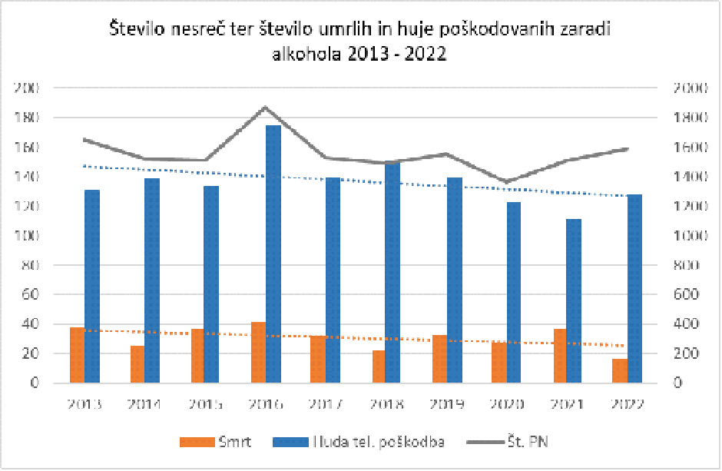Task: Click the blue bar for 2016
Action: coord(273,254)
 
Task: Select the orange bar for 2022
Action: coord(620,370)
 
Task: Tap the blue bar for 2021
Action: coord(574,300)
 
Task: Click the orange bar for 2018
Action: coord(378,367)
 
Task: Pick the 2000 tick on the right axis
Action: coord(688,88)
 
